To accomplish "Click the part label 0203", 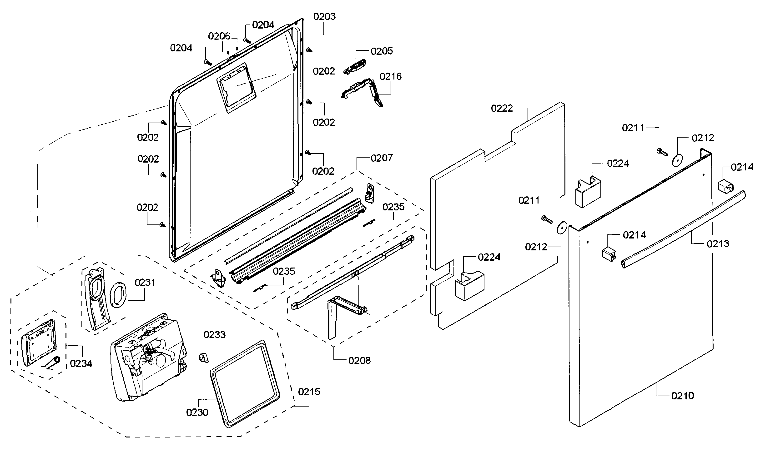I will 324,17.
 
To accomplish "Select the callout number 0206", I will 219,36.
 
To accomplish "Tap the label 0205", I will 382,51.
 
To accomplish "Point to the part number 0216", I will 390,76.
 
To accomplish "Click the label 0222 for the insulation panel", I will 502,108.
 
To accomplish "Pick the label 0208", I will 359,361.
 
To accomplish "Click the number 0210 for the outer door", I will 682,396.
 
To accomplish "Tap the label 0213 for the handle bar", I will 718,244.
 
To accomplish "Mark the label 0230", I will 197,412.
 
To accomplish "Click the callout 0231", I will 145,282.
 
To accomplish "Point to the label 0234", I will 81,364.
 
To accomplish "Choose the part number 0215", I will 309,392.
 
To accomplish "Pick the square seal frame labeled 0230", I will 245,384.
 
